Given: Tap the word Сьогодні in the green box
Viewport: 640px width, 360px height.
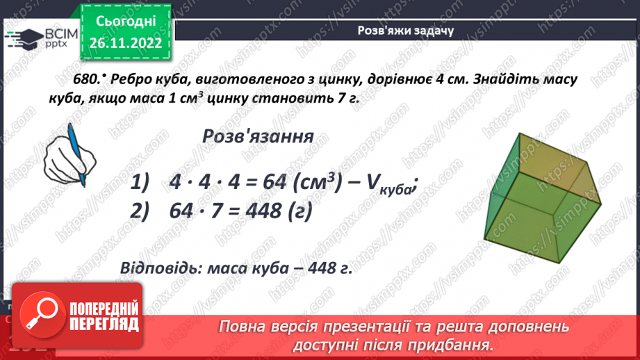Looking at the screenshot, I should coord(126,21).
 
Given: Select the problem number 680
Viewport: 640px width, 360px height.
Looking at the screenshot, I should coord(92,79).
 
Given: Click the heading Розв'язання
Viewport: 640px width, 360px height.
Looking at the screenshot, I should coord(257,136).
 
